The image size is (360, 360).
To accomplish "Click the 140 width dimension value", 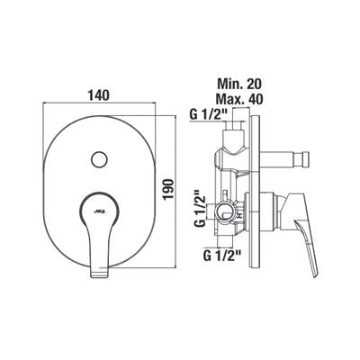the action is tap(98, 95).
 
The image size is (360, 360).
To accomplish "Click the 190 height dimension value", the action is tap(169, 189).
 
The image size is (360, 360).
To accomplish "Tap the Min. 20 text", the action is tap(239, 84).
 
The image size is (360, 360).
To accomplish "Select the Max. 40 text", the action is tap(239, 98).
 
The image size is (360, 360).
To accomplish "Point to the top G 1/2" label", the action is tap(210, 114).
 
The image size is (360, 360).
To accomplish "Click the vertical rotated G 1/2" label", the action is tap(200, 208).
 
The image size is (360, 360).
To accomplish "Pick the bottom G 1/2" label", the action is tap(222, 256).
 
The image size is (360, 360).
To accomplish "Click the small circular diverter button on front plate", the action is tap(100, 159).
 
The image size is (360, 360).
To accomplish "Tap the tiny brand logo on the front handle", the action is tap(100, 211).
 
